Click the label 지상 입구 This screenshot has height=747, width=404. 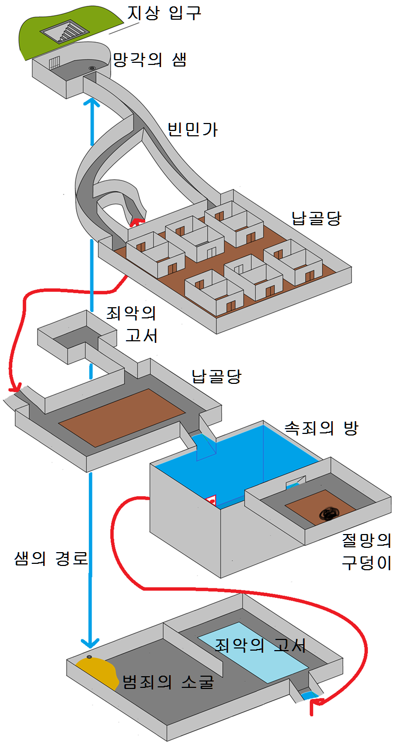click(163, 12)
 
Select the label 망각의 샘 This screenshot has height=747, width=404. click(150, 60)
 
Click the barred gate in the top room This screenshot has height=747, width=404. click(54, 64)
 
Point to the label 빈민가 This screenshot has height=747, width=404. click(192, 129)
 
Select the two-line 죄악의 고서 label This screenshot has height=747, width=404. click(133, 324)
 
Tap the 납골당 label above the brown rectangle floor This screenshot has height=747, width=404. click(216, 376)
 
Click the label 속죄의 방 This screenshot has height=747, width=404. click(321, 428)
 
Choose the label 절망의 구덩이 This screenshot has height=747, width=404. click(366, 552)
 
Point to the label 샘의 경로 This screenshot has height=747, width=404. click(50, 559)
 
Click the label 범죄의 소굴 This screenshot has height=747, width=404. click(168, 682)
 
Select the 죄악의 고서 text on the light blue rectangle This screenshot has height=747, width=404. click(260, 646)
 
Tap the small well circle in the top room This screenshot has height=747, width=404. click(92, 68)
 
